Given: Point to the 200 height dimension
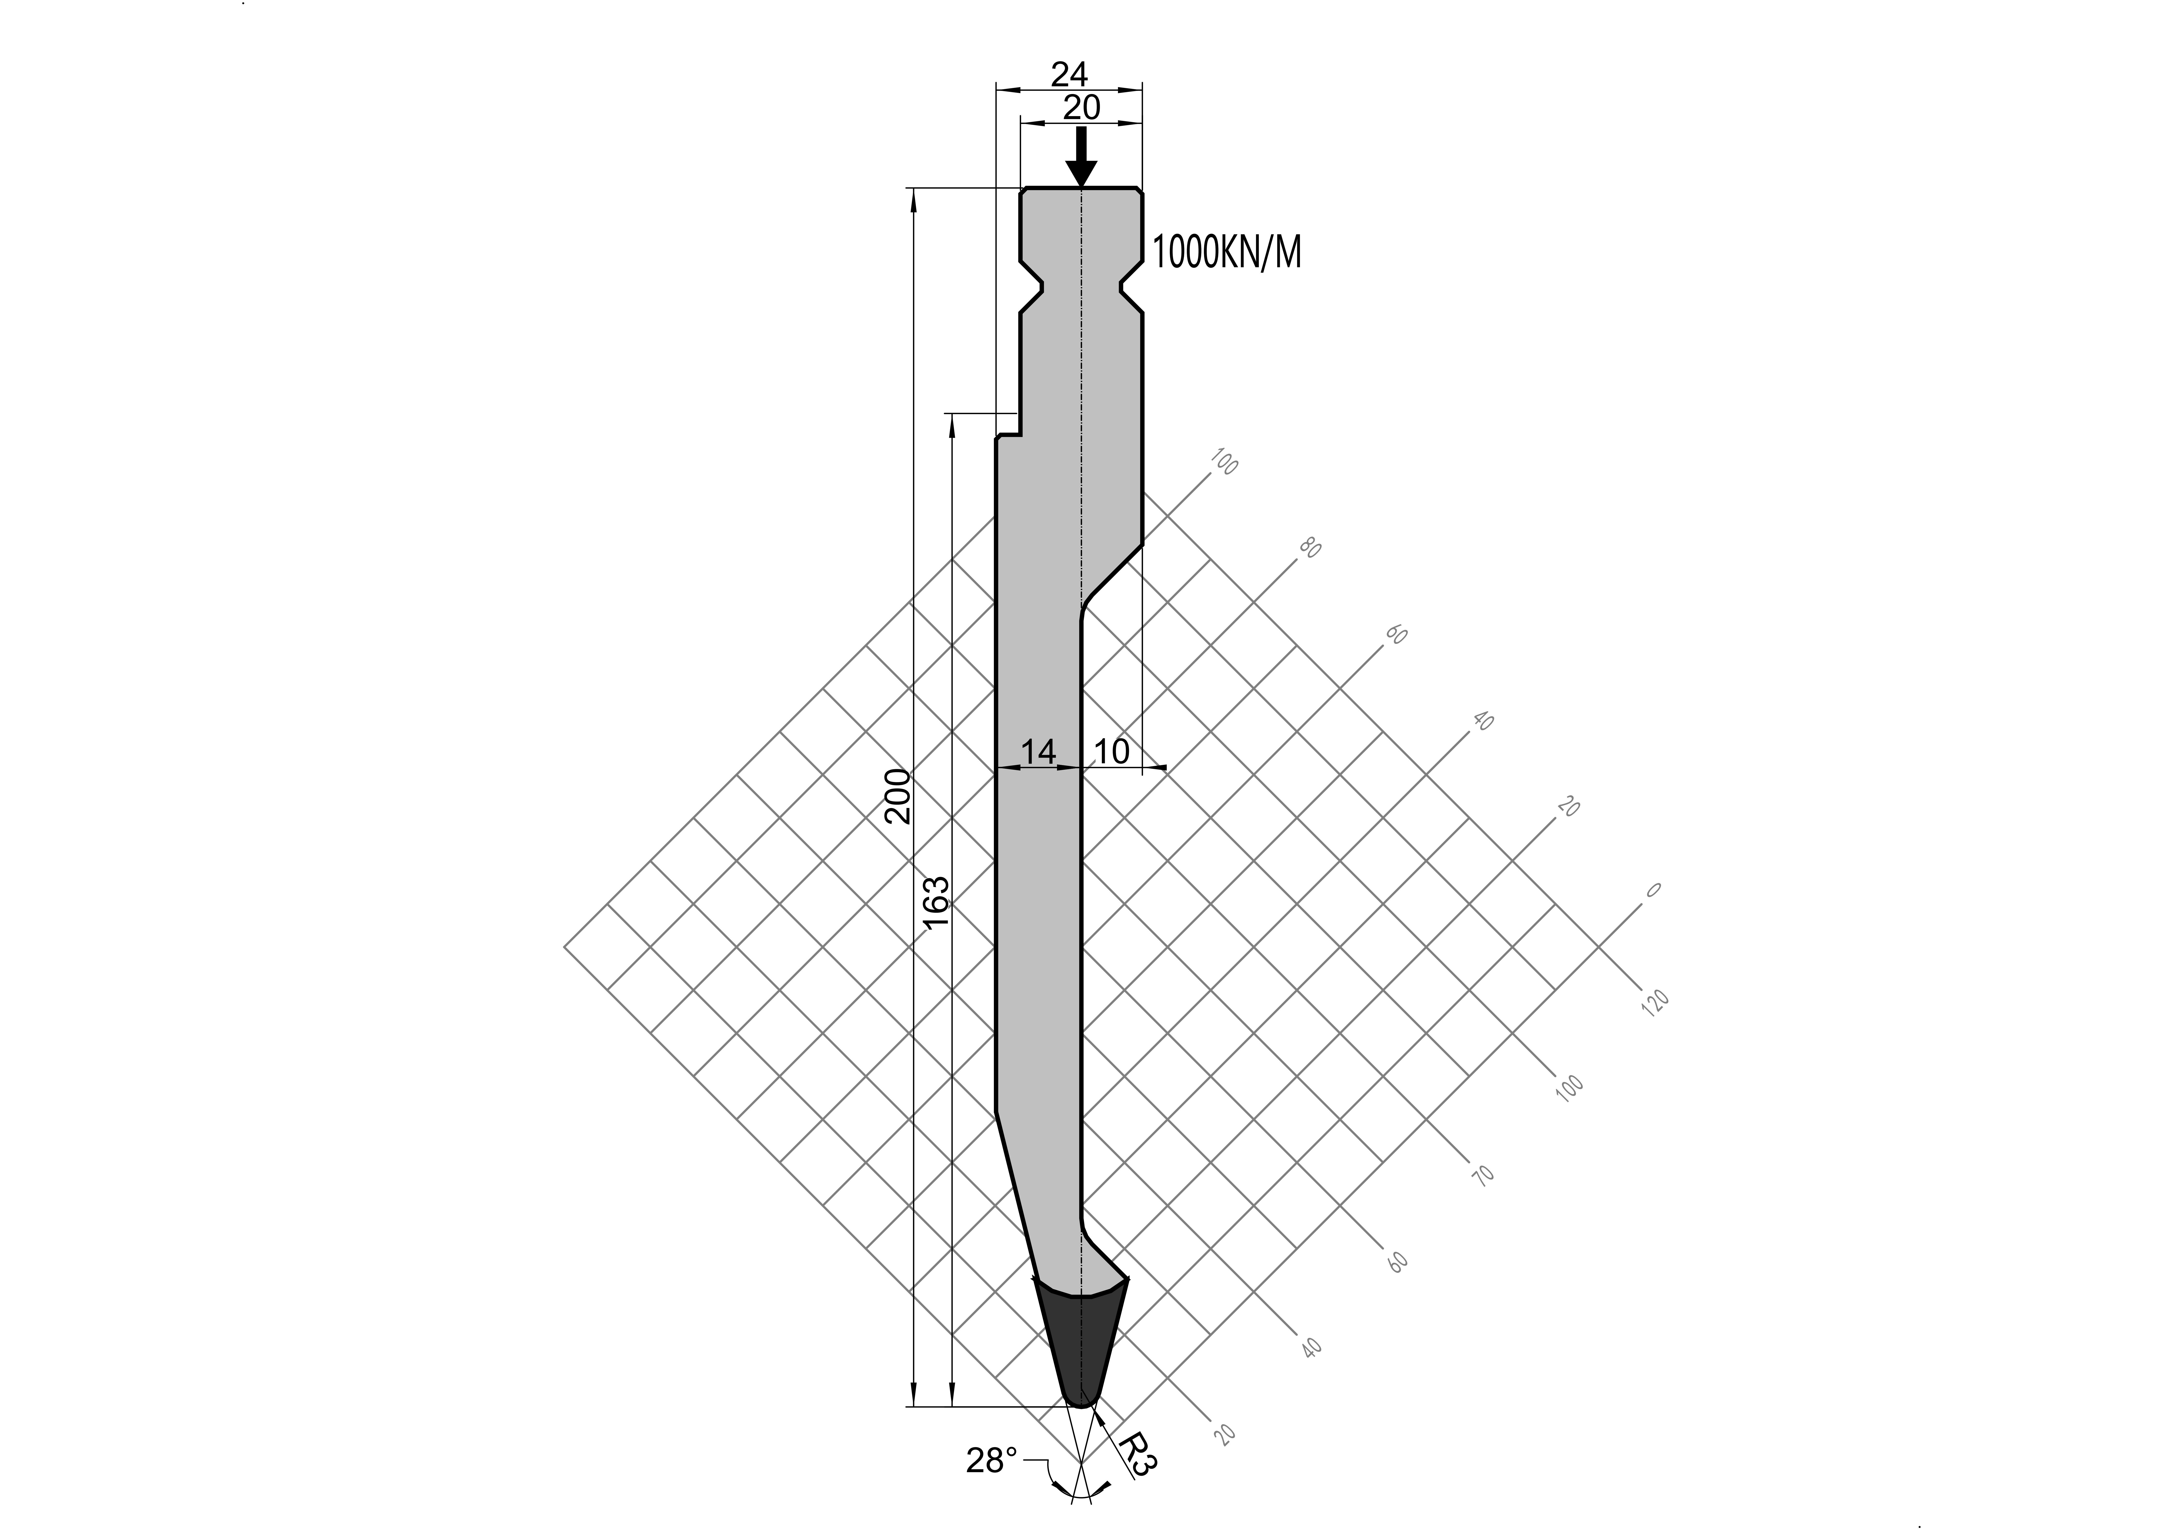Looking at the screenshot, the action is coord(898,796).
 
